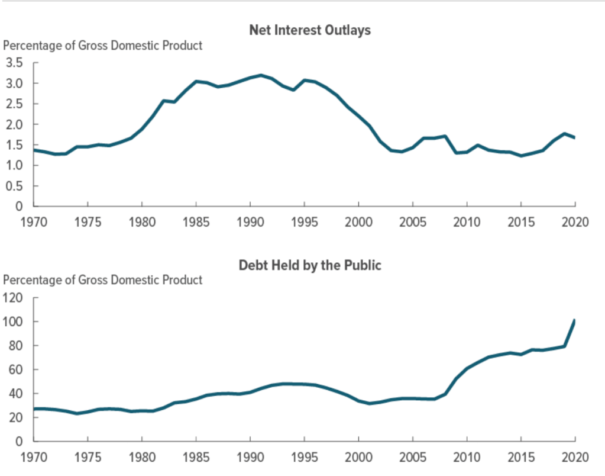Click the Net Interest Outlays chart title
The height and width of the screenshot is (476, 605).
pos(310,30)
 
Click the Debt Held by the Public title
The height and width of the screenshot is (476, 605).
pos(310,265)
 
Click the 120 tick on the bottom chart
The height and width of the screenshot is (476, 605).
pos(12,298)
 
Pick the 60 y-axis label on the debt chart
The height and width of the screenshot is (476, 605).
pos(15,369)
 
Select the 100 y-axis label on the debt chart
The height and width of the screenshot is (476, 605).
pos(12,321)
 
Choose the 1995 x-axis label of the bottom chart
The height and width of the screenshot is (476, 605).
pos(304,458)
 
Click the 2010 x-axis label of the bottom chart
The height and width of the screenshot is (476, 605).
pos(467,458)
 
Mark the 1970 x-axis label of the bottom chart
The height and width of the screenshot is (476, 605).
pos(34,458)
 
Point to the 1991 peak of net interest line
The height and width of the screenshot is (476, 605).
pos(261,75)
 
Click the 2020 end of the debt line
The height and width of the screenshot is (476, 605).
pos(574,321)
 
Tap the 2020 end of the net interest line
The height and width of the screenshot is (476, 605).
pos(574,137)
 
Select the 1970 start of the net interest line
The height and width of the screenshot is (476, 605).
pos(34,150)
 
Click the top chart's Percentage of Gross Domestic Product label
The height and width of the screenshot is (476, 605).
pos(103,46)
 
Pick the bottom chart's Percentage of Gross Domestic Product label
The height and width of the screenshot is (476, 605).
pos(103,280)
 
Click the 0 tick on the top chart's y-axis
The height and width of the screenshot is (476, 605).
pos(19,207)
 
